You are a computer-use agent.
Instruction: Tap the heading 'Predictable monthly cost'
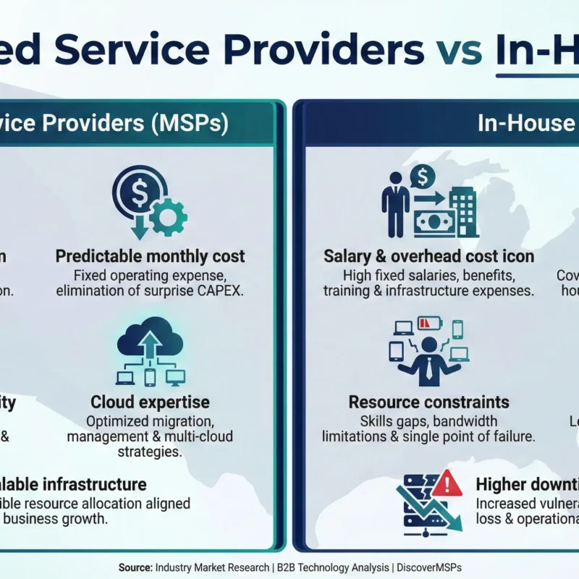(x=150, y=256)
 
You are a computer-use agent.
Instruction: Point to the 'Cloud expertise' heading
(x=150, y=402)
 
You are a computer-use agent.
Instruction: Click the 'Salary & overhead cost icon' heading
(x=428, y=256)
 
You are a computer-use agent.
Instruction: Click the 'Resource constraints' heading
(x=428, y=402)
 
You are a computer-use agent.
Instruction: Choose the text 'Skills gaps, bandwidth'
(x=428, y=420)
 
